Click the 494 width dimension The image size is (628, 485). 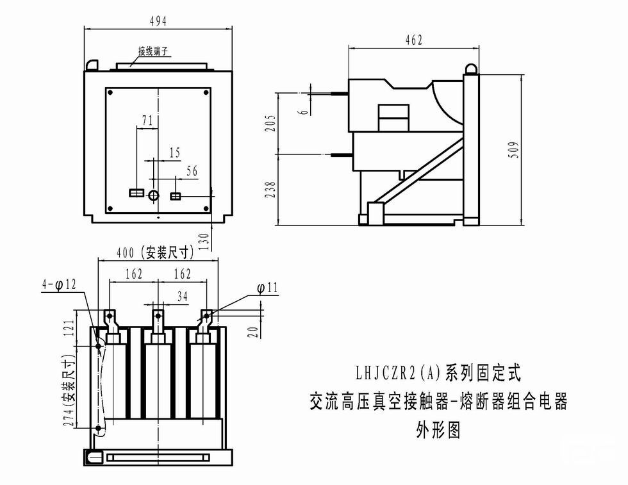pyautogui.click(x=158, y=21)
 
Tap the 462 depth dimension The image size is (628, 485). pyautogui.click(x=414, y=40)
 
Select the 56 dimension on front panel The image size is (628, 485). pyautogui.click(x=192, y=170)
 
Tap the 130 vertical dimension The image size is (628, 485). pyautogui.click(x=204, y=242)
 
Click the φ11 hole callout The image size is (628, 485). pyautogui.click(x=267, y=288)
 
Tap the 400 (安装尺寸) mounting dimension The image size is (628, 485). pyautogui.click(x=154, y=252)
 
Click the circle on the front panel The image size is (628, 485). pyautogui.click(x=154, y=195)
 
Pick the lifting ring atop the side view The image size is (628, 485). pyautogui.click(x=472, y=67)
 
